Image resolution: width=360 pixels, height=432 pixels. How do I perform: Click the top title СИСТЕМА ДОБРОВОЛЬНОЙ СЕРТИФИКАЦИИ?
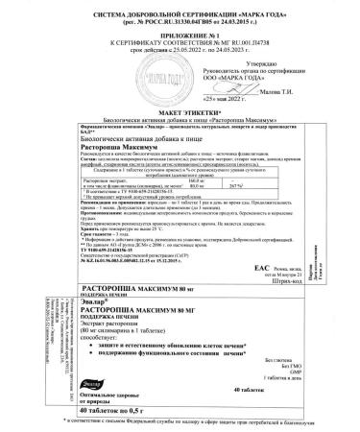[x=180, y=8]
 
